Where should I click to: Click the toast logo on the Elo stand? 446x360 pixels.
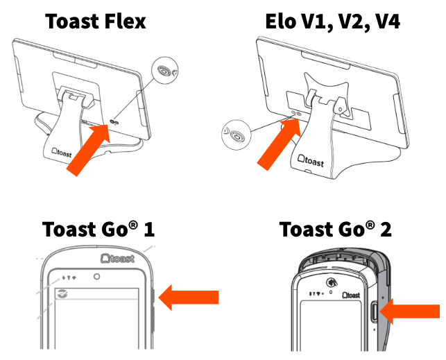coord(320,160)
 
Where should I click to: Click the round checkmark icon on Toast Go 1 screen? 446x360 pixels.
coord(63,294)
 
